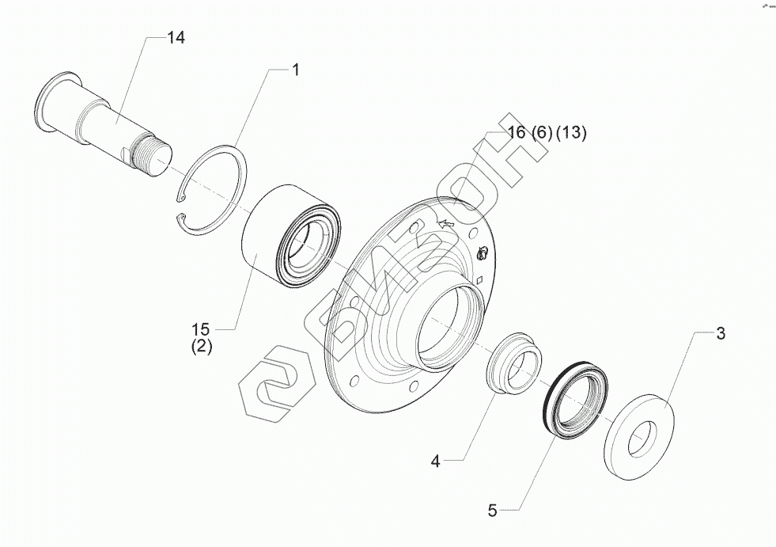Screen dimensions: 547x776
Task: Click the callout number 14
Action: tap(176, 38)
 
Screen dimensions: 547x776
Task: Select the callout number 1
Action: tap(296, 70)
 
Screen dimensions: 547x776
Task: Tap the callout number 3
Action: tap(720, 333)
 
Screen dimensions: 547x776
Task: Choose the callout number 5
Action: tap(492, 511)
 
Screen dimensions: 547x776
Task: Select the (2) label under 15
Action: tap(201, 346)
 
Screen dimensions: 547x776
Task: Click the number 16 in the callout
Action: tap(517, 133)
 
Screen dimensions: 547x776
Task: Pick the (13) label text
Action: tap(570, 133)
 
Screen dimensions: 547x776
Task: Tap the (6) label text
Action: tap(541, 133)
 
